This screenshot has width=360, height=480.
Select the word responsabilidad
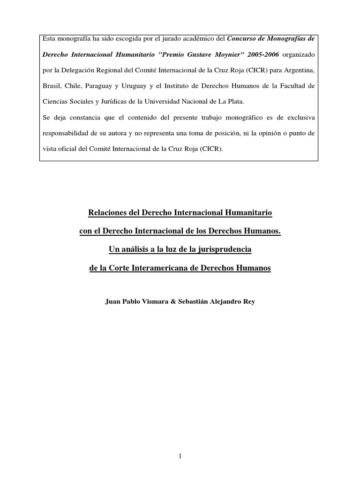pyautogui.click(x=65, y=133)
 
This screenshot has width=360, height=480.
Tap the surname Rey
pyautogui.click(x=248, y=302)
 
